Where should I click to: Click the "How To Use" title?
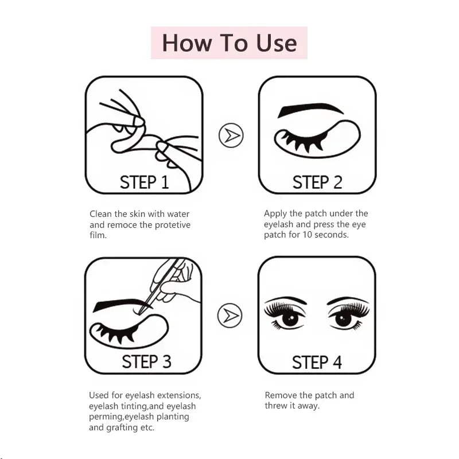[x=229, y=43]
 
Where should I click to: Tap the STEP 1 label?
[x=144, y=182]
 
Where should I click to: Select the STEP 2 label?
[x=317, y=182]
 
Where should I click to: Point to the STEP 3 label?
[x=146, y=362]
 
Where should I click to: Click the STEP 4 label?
[x=317, y=362]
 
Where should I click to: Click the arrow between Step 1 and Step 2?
[x=231, y=135]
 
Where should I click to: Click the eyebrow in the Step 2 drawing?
[x=310, y=110]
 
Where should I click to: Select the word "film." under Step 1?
[x=98, y=235]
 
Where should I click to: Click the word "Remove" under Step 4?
[x=281, y=395]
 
